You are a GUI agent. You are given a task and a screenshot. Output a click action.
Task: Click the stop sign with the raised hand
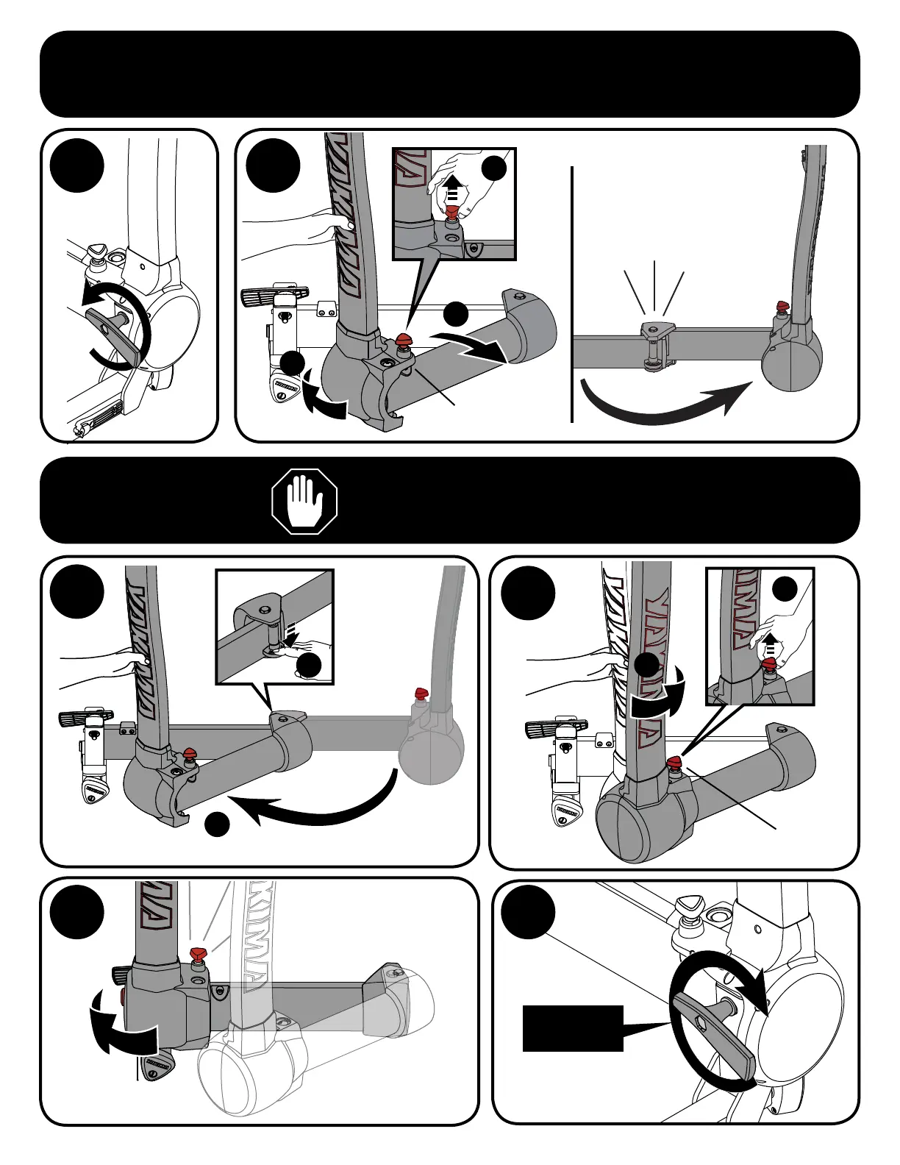tap(304, 502)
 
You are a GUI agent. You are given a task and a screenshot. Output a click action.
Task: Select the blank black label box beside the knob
tap(573, 1028)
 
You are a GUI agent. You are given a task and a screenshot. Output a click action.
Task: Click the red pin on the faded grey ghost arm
tap(421, 693)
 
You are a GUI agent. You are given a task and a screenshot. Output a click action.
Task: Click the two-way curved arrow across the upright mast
tap(657, 695)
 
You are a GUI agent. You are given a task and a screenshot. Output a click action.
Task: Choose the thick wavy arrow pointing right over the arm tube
tap(471, 344)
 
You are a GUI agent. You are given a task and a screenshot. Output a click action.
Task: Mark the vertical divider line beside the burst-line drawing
tap(571, 294)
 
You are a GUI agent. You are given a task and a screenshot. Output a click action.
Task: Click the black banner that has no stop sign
tap(449, 74)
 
